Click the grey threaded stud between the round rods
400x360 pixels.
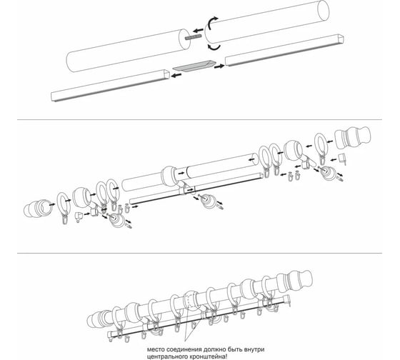(x=194, y=37)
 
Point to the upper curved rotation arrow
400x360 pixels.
(x=211, y=23)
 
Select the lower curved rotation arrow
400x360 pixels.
(x=214, y=47)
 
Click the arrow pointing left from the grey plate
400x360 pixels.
(x=176, y=75)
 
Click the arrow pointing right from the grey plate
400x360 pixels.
(x=219, y=66)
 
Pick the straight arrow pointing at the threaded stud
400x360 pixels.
(x=198, y=31)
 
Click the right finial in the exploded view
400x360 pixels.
(x=353, y=138)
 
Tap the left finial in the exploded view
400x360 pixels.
(x=38, y=209)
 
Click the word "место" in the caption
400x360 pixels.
(x=156, y=349)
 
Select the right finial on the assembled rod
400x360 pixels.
(x=295, y=281)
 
